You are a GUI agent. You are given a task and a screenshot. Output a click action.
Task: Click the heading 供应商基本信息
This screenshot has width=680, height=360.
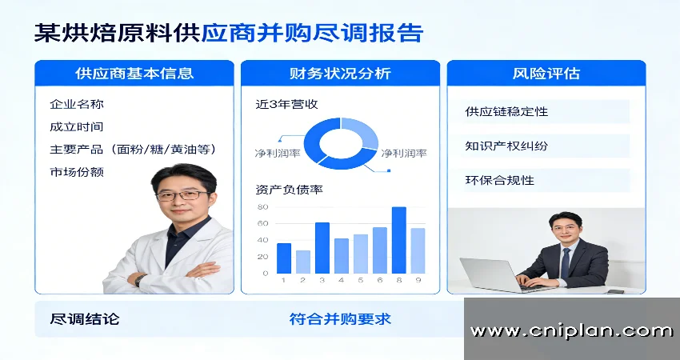click(134, 73)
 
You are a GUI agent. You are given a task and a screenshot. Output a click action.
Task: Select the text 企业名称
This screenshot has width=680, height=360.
click(77, 104)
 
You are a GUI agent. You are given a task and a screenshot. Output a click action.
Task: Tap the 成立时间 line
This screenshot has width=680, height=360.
click(77, 126)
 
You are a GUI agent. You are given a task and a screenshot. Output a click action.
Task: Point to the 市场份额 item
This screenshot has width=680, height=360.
click(77, 172)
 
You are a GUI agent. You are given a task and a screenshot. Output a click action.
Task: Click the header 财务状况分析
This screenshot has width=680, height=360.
click(341, 73)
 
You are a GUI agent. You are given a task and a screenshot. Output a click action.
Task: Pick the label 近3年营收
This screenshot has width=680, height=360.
click(286, 104)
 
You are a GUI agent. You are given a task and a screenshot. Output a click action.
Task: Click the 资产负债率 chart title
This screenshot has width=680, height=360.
click(289, 190)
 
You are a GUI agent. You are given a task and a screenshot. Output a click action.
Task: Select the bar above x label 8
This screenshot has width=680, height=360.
click(399, 240)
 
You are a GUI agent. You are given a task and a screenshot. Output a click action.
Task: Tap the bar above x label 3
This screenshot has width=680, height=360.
click(322, 248)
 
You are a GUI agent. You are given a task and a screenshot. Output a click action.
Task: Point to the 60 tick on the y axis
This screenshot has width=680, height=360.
click(263, 223)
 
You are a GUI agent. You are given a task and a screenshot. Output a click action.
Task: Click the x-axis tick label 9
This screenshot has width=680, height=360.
click(418, 280)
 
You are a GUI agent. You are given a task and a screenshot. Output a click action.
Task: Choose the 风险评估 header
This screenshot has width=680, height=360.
click(546, 73)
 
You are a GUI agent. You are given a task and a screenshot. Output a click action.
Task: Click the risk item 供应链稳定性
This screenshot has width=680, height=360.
click(506, 111)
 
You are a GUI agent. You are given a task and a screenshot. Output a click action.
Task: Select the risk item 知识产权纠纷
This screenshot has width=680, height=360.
click(506, 146)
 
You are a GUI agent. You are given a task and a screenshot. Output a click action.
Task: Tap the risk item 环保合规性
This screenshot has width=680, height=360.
click(499, 180)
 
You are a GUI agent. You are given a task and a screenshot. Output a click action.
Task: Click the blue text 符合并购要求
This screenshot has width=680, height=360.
click(341, 319)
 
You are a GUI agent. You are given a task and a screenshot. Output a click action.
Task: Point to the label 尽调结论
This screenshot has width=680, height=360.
click(85, 319)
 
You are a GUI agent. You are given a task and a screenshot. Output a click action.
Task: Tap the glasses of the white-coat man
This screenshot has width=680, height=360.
click(183, 195)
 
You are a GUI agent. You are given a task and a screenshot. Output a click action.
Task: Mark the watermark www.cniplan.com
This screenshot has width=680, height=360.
click(571, 331)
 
